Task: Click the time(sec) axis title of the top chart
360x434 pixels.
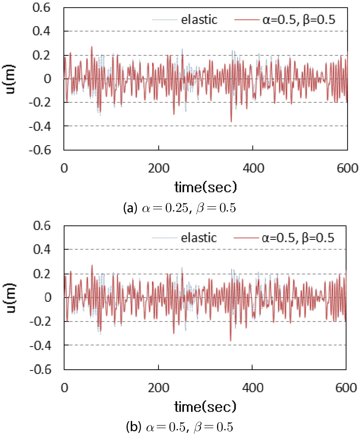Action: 206,187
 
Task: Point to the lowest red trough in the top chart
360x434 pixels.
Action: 231,122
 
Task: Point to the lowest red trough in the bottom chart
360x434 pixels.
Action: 231,341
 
